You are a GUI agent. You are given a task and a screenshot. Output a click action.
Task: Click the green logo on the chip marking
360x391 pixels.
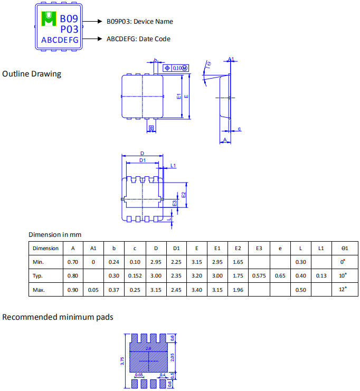point(49,18)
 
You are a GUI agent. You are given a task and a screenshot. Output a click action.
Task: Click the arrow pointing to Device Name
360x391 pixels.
point(92,22)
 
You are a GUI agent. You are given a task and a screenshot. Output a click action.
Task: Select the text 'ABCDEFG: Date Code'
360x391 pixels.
point(138,39)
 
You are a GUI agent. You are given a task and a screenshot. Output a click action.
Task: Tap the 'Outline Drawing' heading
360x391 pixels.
point(32,74)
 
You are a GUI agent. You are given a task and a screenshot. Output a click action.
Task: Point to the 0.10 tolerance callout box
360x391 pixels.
point(176,68)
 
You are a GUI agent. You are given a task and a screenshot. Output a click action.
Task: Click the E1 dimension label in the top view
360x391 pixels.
point(178,96)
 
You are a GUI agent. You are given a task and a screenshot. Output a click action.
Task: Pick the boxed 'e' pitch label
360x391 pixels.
point(151,128)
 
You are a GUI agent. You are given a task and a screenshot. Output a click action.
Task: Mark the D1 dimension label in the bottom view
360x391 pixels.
point(143,160)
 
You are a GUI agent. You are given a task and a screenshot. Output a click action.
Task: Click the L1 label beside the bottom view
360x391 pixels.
point(173,166)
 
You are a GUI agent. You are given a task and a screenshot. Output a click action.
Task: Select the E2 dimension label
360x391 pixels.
point(184,195)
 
